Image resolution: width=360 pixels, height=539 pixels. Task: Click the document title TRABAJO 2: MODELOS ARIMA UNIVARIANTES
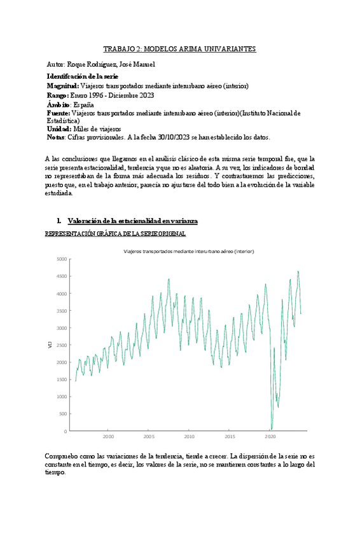(x=180, y=49)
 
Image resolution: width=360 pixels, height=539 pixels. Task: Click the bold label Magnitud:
(x=63, y=86)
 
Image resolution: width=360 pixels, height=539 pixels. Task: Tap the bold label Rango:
(x=59, y=95)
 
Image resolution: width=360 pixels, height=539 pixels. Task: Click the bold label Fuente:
(x=59, y=113)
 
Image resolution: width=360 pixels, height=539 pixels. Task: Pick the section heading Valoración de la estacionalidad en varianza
(x=132, y=221)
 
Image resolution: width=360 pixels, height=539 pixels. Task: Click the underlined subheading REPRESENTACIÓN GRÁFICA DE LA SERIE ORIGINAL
(x=115, y=234)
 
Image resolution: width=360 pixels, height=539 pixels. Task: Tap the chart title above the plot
(x=189, y=252)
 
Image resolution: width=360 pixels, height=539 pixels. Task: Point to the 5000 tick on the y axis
(x=62, y=259)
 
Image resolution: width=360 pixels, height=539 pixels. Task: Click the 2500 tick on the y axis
(x=62, y=345)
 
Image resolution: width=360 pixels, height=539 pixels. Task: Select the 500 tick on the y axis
(x=63, y=414)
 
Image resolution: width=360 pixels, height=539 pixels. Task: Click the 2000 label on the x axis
(x=109, y=437)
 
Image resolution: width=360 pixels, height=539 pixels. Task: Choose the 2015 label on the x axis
(x=230, y=437)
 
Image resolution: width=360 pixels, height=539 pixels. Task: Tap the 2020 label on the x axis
(x=270, y=437)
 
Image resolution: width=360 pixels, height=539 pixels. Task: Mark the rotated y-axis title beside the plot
(x=50, y=345)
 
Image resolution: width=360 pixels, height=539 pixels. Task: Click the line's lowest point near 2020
(x=272, y=429)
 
